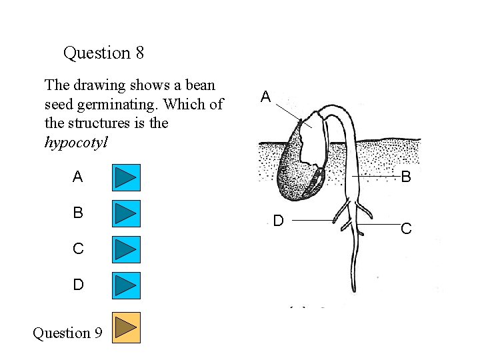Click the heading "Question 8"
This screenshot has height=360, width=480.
[103, 52]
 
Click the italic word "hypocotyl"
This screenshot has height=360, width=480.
[75, 142]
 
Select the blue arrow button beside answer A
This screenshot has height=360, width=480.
[125, 177]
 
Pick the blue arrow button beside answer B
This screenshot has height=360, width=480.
[125, 213]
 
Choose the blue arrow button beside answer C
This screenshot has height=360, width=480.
[125, 249]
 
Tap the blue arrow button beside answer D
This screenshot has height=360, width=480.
[125, 285]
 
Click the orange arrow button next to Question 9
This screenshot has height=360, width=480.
[125, 327]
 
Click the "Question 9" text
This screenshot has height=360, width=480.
[67, 332]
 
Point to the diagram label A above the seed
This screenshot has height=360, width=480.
[265, 97]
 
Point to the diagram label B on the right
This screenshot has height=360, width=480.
[405, 177]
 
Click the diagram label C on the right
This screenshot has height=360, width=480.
[405, 229]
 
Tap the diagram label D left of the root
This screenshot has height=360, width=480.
[279, 221]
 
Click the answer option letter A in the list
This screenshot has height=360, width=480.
[78, 177]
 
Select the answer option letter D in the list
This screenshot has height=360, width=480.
[78, 285]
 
